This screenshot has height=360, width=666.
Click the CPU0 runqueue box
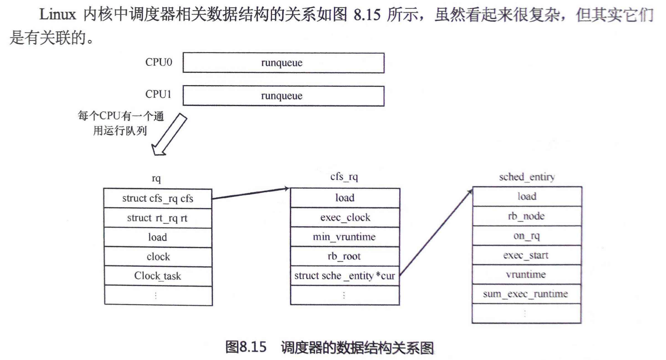click(283, 63)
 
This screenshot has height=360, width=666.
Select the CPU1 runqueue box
click(283, 96)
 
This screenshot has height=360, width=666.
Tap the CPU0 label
click(158, 62)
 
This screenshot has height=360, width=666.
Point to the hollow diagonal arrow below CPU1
click(169, 134)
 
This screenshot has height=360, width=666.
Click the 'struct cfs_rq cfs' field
click(157, 198)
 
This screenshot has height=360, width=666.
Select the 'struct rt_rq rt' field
click(157, 218)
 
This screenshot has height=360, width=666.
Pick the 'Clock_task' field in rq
click(157, 276)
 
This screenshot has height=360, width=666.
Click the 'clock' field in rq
click(157, 257)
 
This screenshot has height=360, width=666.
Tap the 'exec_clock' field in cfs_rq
click(345, 218)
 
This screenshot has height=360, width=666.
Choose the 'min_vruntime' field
click(345, 237)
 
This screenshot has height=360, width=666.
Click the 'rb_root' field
click(345, 256)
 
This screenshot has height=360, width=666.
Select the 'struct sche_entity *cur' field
click(345, 276)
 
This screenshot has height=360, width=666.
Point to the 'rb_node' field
click(526, 216)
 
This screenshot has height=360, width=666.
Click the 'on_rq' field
click(526, 236)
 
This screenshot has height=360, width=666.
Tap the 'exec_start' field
click(526, 255)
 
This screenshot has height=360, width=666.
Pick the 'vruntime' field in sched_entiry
click(526, 274)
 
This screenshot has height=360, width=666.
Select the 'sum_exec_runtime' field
click(526, 294)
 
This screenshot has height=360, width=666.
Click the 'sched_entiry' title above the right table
click(527, 177)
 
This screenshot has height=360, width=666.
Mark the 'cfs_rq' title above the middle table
click(344, 177)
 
